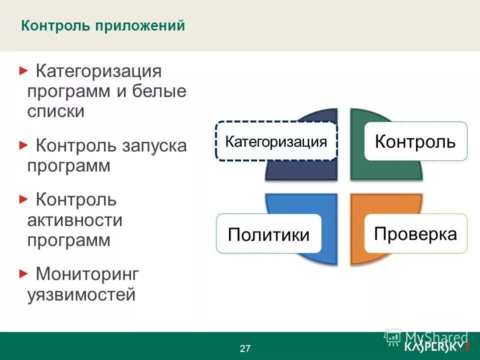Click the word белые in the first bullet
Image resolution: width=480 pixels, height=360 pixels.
point(159,91)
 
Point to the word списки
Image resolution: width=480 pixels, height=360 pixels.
point(55,111)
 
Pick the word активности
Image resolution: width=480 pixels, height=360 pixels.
point(75,220)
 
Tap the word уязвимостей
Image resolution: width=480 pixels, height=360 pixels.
point(81,294)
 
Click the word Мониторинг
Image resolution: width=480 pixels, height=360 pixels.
point(87,274)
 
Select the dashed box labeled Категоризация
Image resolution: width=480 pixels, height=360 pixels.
point(276,141)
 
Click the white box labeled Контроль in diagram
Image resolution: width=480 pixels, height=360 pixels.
point(415,141)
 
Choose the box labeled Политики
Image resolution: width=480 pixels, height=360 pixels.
point(268,234)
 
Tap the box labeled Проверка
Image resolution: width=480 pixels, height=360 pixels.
point(415,233)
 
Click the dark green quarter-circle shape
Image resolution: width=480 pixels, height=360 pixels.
point(385,170)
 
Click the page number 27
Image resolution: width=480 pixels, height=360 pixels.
point(245,348)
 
